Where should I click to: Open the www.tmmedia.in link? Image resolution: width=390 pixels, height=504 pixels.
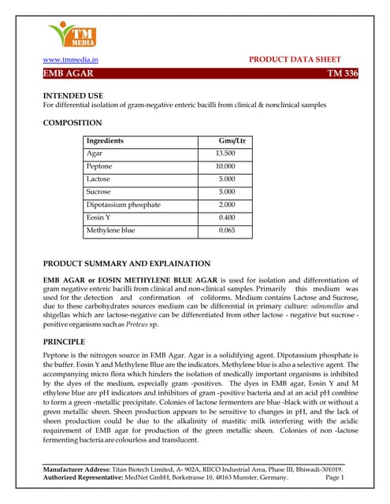click(x=71, y=60)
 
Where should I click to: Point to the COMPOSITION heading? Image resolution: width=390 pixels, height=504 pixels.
click(x=72, y=123)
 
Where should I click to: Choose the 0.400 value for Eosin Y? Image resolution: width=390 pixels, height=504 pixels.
click(x=227, y=217)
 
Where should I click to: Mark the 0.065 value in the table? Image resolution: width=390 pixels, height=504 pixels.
click(x=227, y=230)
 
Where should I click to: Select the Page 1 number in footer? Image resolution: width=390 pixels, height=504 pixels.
click(x=335, y=477)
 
